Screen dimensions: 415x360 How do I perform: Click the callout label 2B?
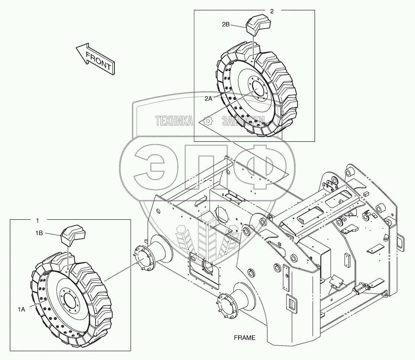226,25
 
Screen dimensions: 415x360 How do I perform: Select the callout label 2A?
208,99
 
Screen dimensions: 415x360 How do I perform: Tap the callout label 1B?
39,233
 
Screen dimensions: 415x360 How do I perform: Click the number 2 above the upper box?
272,11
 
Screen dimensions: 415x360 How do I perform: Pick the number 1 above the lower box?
37,221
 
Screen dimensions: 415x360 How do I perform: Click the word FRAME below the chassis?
244,338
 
